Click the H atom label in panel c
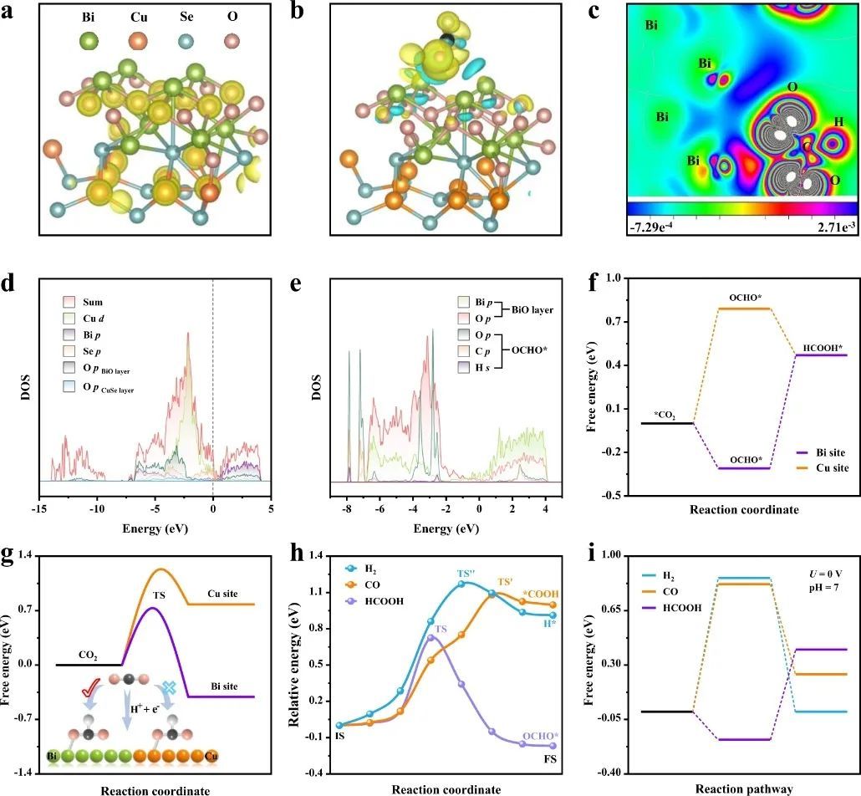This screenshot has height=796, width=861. click(838, 123)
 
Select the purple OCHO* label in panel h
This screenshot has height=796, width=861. click(540, 736)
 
